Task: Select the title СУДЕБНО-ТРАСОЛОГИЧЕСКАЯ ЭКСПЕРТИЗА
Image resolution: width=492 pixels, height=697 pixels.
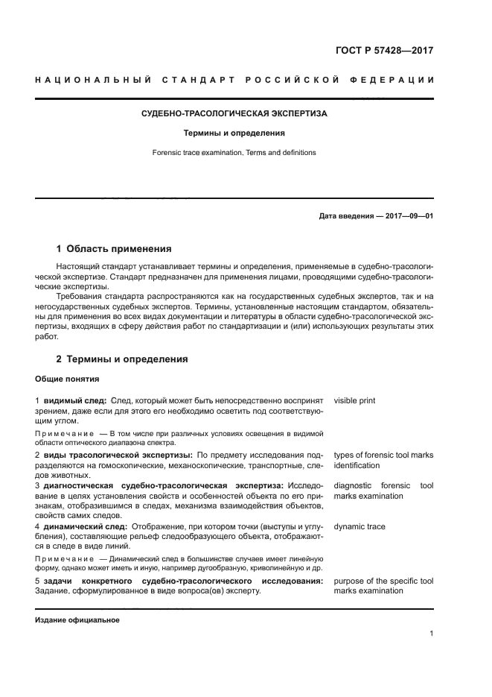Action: pyautogui.click(x=234, y=114)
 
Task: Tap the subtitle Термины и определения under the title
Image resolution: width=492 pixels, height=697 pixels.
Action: pyautogui.click(x=234, y=133)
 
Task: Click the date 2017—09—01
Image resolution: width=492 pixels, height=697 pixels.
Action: pyautogui.click(x=409, y=217)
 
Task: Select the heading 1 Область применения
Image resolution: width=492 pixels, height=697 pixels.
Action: pyautogui.click(x=114, y=249)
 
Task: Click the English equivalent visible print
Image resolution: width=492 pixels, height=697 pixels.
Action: pyautogui.click(x=354, y=401)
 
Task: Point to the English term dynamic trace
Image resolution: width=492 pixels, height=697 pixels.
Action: pyautogui.click(x=359, y=527)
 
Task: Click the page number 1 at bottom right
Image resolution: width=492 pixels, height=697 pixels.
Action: pyautogui.click(x=431, y=634)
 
